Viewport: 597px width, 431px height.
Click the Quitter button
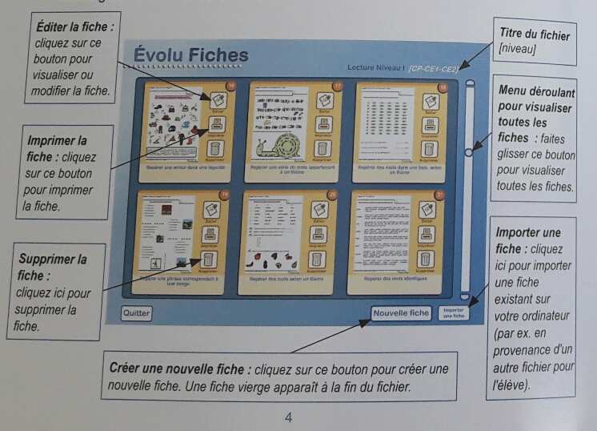[136, 313]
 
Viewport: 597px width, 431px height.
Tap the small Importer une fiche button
[453, 312]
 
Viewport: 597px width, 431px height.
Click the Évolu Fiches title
[190, 55]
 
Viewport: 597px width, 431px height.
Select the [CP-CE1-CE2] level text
[433, 69]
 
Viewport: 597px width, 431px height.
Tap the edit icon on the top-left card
[217, 100]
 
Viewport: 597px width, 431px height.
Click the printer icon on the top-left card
[217, 124]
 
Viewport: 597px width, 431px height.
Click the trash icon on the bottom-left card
[210, 259]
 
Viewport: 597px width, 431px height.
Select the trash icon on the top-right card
[429, 148]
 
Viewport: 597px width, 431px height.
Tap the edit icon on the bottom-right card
[428, 210]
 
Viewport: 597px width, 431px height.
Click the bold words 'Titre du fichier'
[535, 35]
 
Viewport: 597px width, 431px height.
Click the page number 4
[288, 417]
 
